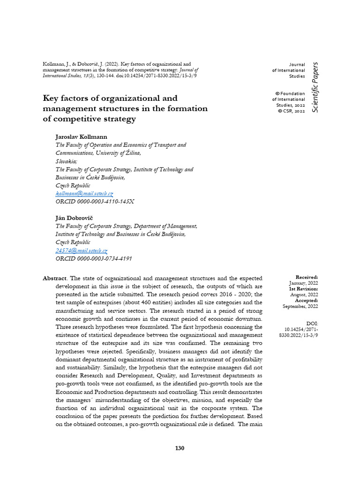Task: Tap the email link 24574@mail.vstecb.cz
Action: coord(81,251)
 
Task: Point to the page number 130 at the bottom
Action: coord(180,448)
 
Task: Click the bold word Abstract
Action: coord(54,278)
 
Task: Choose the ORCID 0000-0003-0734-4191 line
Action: coord(93,259)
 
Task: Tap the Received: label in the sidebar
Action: coord(307,277)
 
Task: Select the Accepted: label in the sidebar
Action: coord(307,300)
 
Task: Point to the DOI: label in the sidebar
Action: coord(312,323)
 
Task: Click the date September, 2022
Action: coord(300,306)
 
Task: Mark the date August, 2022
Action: coord(303,294)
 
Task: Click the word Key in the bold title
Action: coord(51,98)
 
